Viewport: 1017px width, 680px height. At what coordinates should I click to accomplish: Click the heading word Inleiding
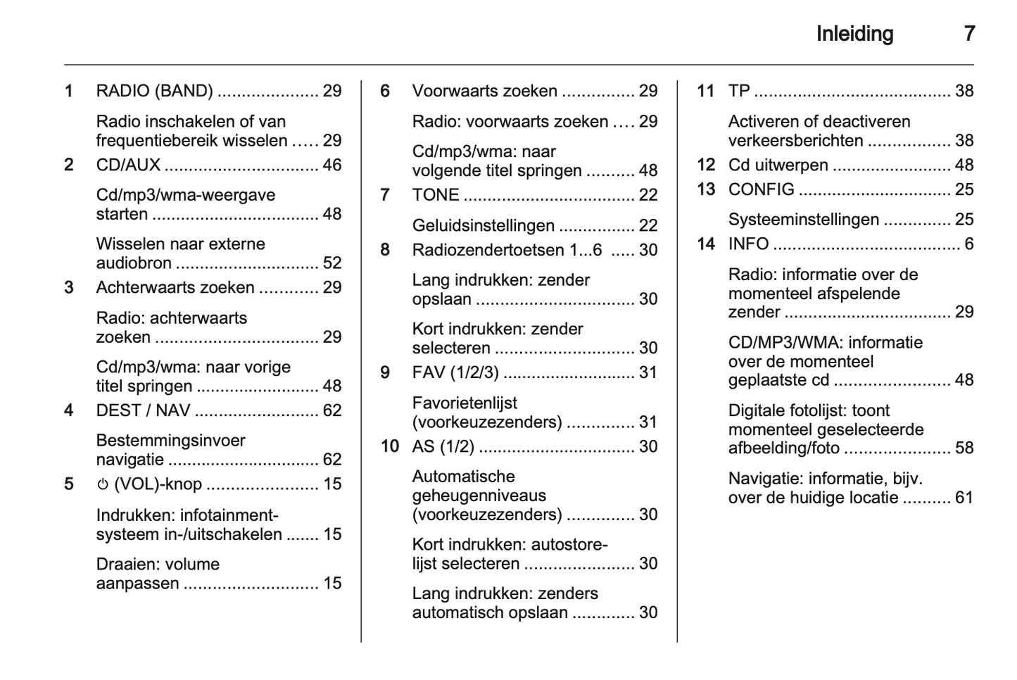(854, 34)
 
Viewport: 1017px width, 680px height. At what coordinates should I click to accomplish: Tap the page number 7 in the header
(969, 34)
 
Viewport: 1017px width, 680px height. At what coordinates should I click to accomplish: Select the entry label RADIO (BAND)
(154, 91)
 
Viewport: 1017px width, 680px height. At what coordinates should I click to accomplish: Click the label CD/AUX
(128, 165)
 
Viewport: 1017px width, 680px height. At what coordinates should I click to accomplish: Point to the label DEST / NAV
(143, 410)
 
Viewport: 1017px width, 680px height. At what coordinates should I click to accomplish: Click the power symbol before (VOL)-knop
(103, 484)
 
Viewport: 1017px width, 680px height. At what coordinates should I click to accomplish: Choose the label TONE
(435, 195)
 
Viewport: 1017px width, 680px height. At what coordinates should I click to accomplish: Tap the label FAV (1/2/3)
(455, 372)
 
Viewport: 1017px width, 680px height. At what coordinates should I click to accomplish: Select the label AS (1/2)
(443, 446)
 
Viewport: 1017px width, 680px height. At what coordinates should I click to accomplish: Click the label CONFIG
(761, 189)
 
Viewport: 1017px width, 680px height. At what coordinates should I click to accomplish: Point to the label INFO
(748, 244)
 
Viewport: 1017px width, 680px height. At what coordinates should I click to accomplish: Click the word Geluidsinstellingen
(483, 225)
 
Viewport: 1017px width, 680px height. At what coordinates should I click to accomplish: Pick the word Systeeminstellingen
(803, 220)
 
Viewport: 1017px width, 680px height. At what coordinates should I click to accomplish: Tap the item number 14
(705, 244)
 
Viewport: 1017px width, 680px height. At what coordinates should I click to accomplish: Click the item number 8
(385, 250)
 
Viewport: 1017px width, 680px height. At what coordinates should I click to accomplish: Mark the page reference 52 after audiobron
(331, 263)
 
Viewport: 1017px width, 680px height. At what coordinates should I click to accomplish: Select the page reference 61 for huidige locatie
(964, 498)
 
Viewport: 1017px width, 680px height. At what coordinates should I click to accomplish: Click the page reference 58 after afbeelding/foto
(964, 448)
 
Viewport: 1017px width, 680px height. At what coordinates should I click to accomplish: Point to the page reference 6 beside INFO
(968, 244)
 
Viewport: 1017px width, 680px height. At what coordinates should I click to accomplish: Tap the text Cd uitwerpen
(778, 165)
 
